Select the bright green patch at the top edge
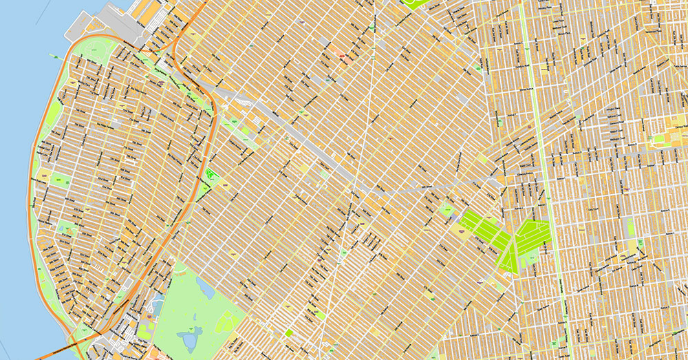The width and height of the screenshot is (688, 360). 413,3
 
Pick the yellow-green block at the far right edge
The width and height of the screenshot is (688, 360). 678,131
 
